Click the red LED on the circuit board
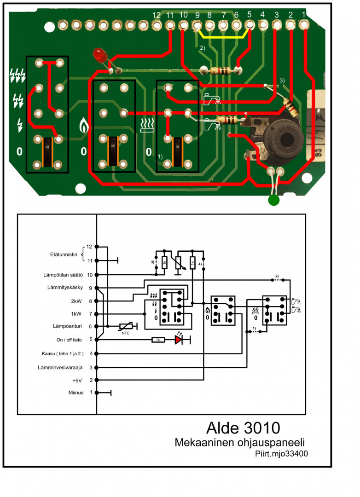point(99,55)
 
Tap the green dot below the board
point(273,201)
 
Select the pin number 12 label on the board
point(157,15)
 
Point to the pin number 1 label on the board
point(303,14)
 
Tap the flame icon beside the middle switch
point(83,124)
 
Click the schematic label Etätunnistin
point(65,254)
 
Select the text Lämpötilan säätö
point(60,275)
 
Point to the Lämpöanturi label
point(66,326)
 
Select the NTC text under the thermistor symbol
point(125,333)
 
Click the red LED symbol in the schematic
point(179,340)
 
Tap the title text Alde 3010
point(243,428)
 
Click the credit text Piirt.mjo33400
point(281,453)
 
